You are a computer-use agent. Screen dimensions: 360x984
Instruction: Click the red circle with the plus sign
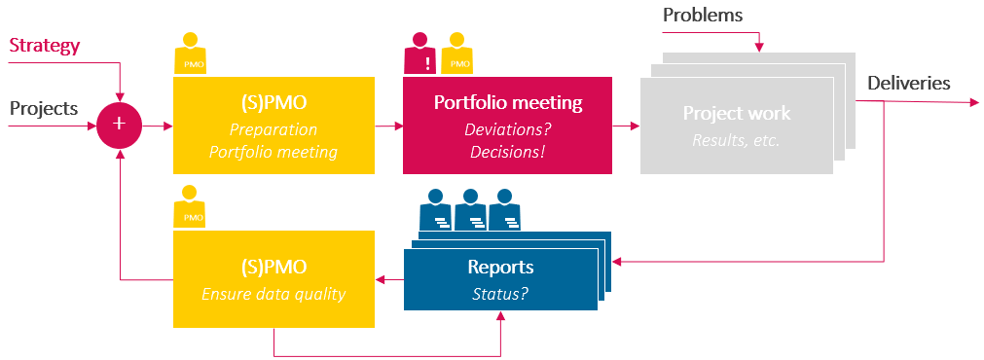[120, 125]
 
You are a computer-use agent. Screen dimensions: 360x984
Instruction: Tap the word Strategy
[44, 46]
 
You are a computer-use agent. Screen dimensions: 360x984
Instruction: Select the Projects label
[44, 108]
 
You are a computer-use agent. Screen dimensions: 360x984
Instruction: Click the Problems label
[702, 15]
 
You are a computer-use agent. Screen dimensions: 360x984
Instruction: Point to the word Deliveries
[908, 83]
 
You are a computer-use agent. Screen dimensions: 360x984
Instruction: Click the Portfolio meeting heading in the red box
[508, 103]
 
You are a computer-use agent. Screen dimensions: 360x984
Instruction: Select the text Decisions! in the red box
[507, 152]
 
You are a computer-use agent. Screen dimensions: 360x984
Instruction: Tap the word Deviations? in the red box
[507, 130]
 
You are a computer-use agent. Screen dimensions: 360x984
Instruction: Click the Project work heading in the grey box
[737, 114]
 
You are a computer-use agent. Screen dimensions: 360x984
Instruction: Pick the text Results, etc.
[737, 139]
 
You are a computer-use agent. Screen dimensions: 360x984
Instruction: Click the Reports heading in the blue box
[500, 267]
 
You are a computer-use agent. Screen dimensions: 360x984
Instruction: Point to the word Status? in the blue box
[500, 292]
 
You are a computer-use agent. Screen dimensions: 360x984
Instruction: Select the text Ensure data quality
[273, 294]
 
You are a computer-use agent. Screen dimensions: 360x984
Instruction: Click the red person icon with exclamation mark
[419, 54]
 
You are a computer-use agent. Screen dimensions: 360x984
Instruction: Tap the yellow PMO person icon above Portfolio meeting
[456, 54]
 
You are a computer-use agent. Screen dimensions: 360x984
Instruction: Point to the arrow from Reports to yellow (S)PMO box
[389, 280]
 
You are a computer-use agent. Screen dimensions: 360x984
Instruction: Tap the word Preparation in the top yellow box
[273, 129]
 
